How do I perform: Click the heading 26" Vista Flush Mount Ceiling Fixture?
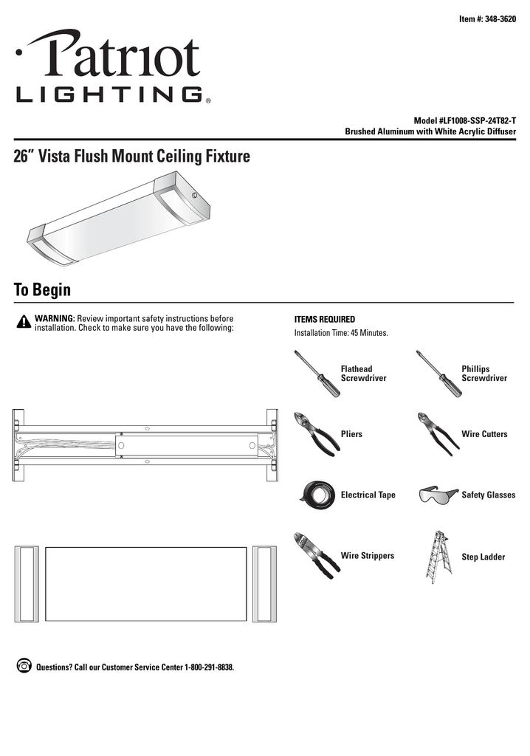click(x=132, y=157)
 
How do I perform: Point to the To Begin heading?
click(x=42, y=290)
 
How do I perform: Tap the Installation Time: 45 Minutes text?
click(x=341, y=334)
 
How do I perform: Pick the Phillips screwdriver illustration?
click(x=436, y=374)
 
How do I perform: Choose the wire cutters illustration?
click(x=437, y=432)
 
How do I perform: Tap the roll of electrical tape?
click(x=318, y=493)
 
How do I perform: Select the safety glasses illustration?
click(x=438, y=494)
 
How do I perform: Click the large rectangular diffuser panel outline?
click(x=145, y=584)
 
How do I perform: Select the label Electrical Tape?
click(x=368, y=495)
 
